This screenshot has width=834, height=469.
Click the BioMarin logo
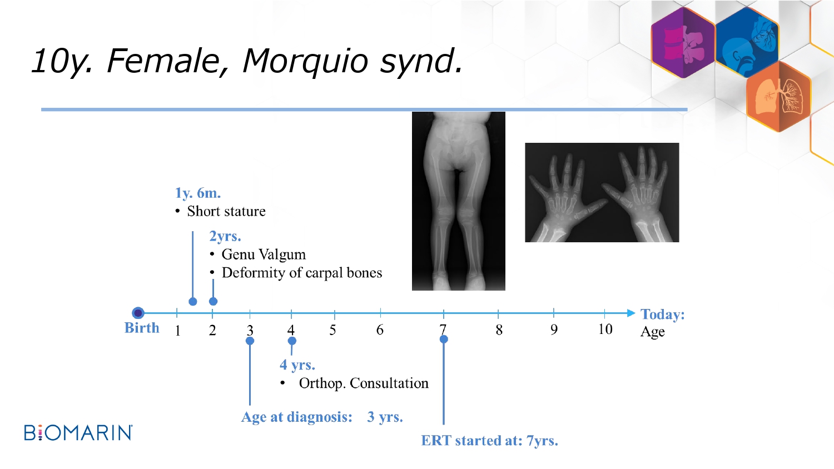pyautogui.click(x=78, y=432)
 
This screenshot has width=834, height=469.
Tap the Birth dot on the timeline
pyautogui.click(x=138, y=313)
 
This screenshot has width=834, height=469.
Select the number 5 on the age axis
pyautogui.click(x=332, y=330)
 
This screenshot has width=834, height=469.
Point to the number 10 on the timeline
pyautogui.click(x=605, y=329)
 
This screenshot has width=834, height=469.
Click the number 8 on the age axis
pyautogui.click(x=499, y=330)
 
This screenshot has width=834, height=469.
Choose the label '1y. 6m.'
pyautogui.click(x=198, y=193)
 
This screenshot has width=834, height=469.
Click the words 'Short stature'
pyautogui.click(x=226, y=211)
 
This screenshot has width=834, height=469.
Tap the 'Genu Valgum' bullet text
pyautogui.click(x=264, y=255)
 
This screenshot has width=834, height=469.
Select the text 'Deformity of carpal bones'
pyautogui.click(x=302, y=272)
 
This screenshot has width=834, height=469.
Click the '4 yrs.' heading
pyautogui.click(x=297, y=365)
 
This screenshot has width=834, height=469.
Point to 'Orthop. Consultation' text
pyautogui.click(x=364, y=383)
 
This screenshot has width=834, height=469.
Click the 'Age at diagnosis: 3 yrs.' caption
pyautogui.click(x=322, y=417)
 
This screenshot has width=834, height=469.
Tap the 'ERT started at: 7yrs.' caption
pyautogui.click(x=490, y=440)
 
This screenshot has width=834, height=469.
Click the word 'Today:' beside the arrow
pyautogui.click(x=662, y=314)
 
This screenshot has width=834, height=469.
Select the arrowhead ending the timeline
pyautogui.click(x=631, y=313)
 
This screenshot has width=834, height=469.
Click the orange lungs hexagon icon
pyautogui.click(x=778, y=97)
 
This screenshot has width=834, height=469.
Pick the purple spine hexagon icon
pyautogui.click(x=683, y=43)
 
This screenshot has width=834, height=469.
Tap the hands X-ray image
pyautogui.click(x=602, y=192)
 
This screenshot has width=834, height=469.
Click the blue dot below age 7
pyautogui.click(x=444, y=339)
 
